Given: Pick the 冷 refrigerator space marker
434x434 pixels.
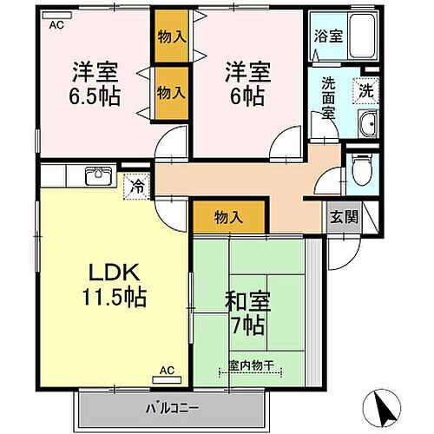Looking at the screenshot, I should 137,184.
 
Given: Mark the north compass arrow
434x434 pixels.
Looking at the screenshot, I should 386,406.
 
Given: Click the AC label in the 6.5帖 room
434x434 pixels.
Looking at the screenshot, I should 56,25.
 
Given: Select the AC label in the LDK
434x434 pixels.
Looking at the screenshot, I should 167,370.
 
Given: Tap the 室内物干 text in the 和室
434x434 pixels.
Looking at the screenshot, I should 251,366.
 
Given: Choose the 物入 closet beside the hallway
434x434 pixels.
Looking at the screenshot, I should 228,218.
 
